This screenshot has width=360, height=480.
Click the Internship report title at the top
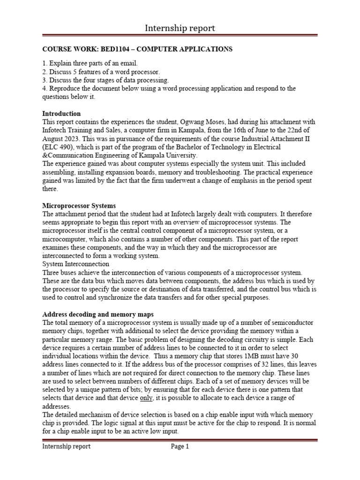click(180, 28)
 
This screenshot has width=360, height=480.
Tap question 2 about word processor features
click(101, 71)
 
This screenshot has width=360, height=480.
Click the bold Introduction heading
click(61, 113)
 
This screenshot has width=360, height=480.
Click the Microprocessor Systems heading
click(79, 205)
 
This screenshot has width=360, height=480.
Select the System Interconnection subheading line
click(75, 264)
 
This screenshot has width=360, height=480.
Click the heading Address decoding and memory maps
click(98, 315)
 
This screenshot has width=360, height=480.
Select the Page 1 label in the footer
click(180, 447)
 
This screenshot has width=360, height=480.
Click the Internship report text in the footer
click(66, 447)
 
